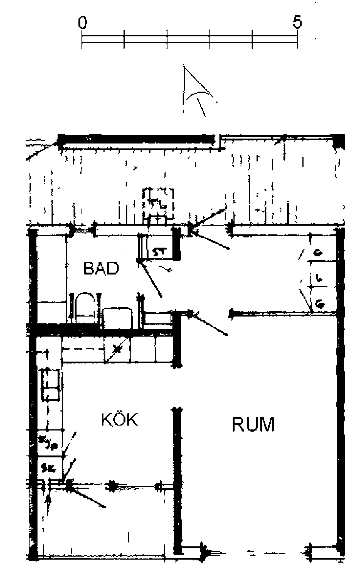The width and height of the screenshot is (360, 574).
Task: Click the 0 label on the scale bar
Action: click(83, 23)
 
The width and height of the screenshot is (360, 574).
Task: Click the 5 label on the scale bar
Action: click(297, 22)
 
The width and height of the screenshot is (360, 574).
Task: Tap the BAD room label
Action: click(101, 268)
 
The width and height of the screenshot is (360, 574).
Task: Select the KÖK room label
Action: click(120, 420)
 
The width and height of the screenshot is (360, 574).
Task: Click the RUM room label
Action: click(253, 424)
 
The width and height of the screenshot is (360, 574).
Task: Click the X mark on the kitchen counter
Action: click(118, 349)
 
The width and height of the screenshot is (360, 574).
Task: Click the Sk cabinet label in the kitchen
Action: click(49, 468)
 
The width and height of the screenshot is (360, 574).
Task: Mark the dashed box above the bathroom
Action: click(158, 203)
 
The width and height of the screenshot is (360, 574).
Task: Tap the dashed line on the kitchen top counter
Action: click(83, 349)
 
